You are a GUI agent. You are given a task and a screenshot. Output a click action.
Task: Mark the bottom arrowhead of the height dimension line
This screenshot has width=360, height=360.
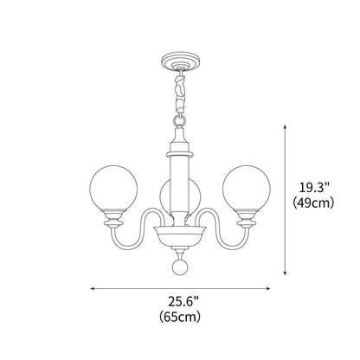[287, 274]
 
